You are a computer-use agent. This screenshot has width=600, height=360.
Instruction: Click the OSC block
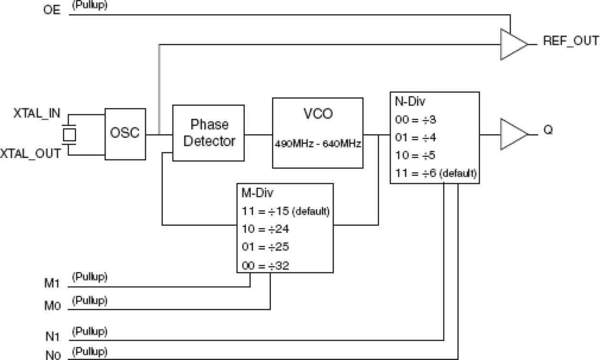[125, 134]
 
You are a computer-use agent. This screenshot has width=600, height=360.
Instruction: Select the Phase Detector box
[209, 133]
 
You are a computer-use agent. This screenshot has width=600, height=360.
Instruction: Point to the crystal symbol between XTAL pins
[70, 135]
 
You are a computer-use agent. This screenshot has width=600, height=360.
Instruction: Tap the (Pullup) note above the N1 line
[89, 330]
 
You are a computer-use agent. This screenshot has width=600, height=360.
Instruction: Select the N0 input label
[52, 355]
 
